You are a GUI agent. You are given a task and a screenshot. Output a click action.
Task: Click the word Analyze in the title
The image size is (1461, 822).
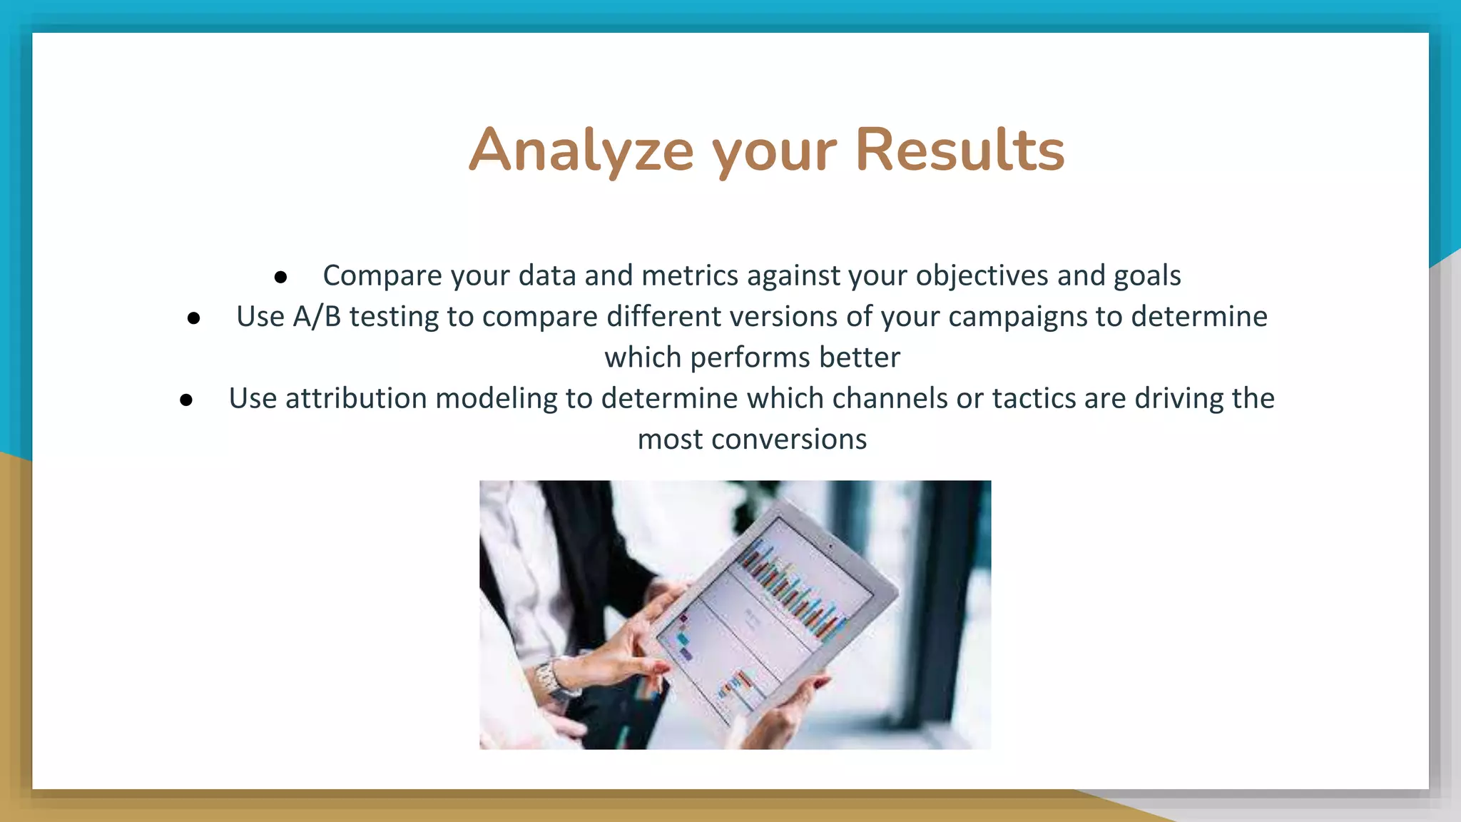581,151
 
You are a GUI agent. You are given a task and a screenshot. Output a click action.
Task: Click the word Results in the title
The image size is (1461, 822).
959,151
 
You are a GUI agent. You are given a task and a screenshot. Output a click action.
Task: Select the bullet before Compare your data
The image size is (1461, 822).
280,277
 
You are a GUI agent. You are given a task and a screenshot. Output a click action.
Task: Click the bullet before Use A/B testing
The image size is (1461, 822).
193,318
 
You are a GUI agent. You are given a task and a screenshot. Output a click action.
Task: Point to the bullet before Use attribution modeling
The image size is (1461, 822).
186,400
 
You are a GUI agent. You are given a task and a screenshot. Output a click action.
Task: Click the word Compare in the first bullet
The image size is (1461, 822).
382,276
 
